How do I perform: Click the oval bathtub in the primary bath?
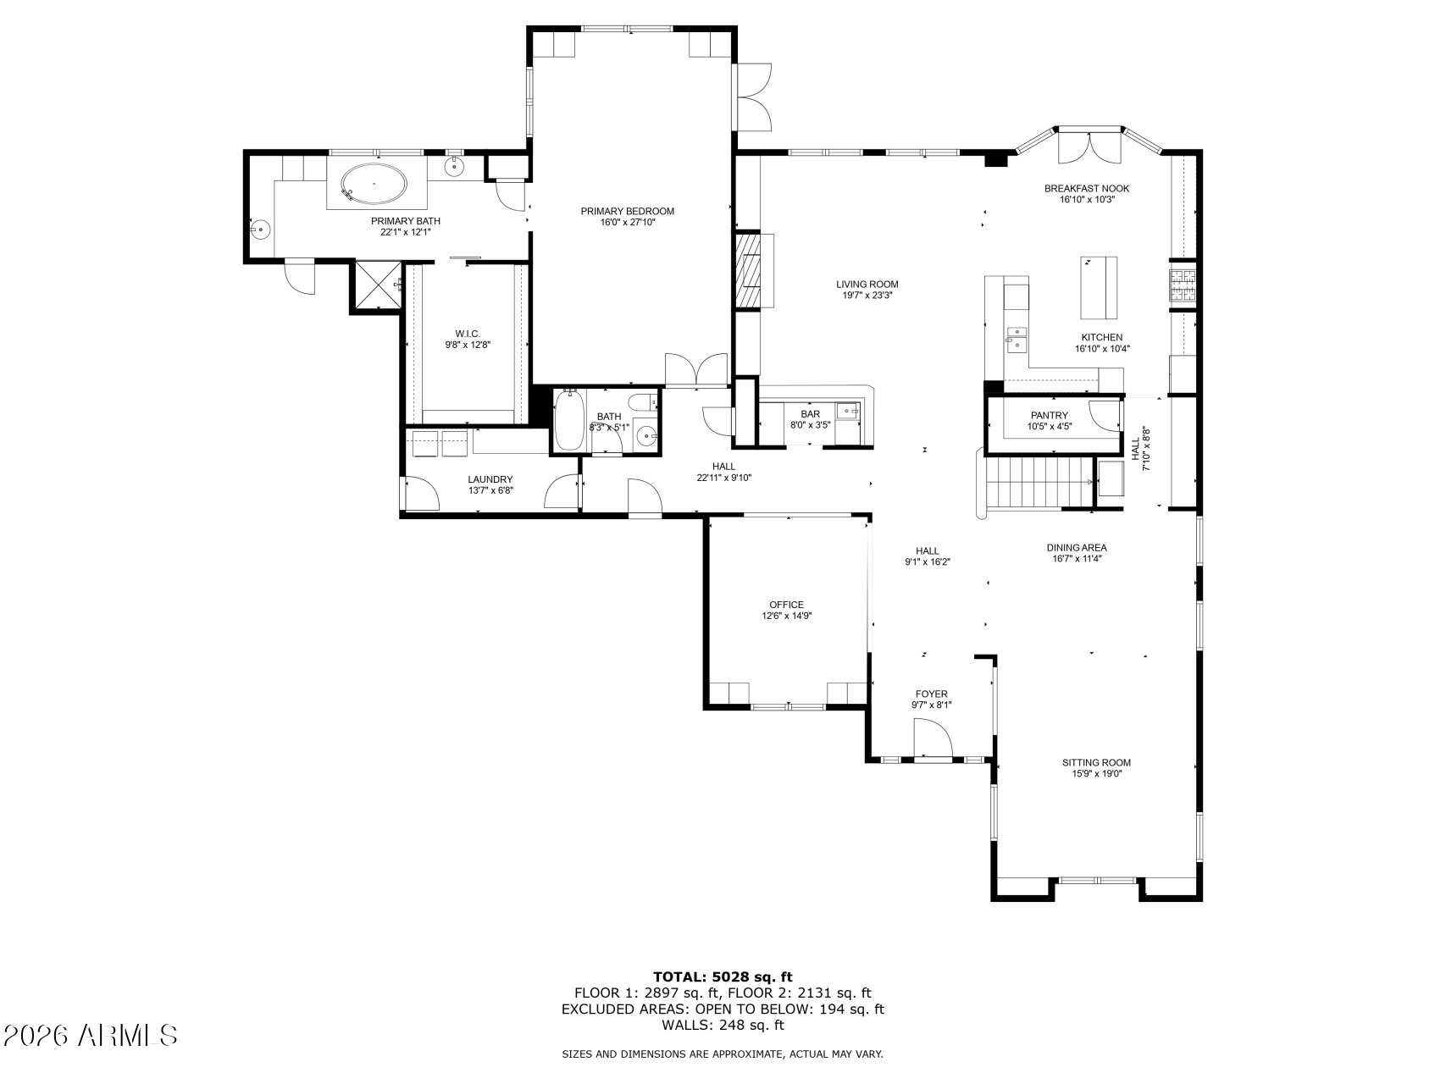click(x=373, y=184)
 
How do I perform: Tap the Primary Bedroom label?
click(x=627, y=211)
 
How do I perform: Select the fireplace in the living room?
click(x=748, y=271)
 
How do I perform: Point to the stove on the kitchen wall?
click(x=1183, y=285)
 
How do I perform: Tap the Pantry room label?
click(x=1049, y=415)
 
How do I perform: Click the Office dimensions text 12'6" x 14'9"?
click(x=787, y=617)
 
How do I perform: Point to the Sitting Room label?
click(x=1096, y=762)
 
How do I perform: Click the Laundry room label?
click(x=490, y=479)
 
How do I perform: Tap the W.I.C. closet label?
click(x=468, y=334)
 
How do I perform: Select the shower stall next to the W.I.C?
click(x=377, y=287)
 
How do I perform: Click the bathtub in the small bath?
click(x=570, y=422)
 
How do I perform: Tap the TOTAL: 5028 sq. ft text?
click(x=723, y=976)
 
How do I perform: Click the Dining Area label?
click(x=1077, y=547)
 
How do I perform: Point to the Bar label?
click(x=811, y=414)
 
